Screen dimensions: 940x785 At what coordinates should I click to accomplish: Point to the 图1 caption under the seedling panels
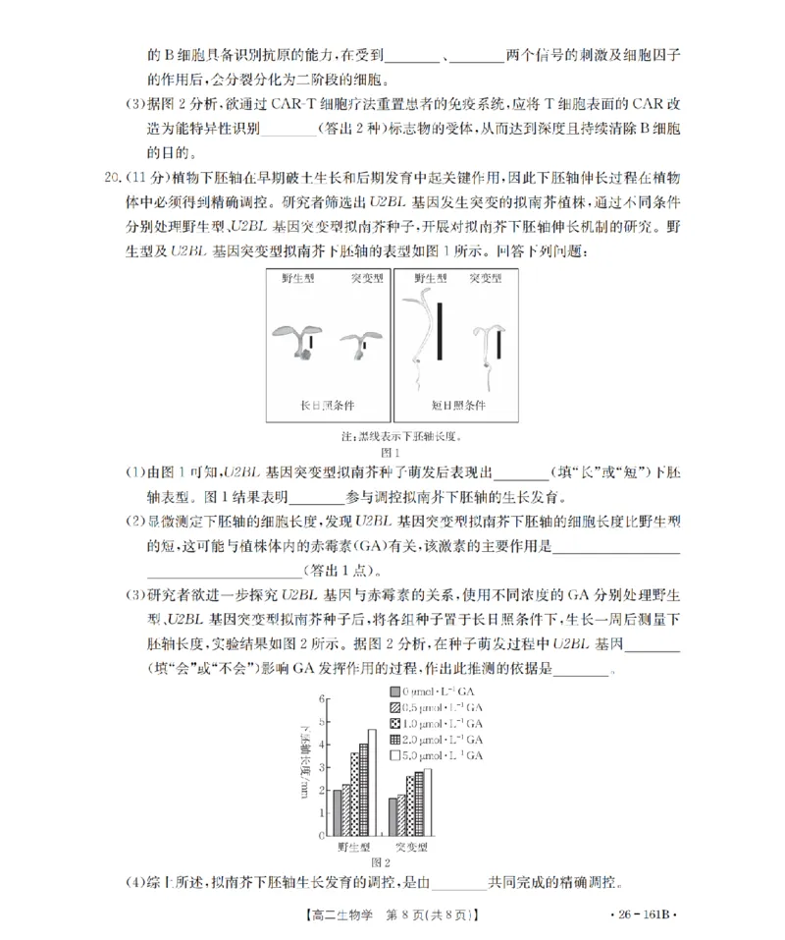(x=392, y=452)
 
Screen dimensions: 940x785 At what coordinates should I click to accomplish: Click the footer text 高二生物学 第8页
(x=392, y=914)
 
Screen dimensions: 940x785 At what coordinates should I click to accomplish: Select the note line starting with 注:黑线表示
(x=392, y=436)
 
